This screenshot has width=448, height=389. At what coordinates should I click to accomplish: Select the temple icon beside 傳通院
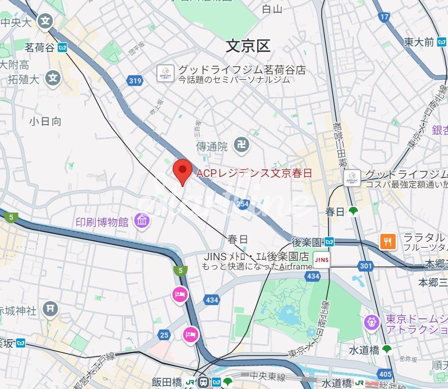point(242,146)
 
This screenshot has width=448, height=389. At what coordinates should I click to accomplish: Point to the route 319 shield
point(135,80)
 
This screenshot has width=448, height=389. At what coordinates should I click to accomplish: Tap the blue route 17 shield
point(385,17)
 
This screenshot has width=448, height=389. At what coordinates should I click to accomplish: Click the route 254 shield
point(243,204)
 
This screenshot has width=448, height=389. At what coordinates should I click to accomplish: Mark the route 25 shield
point(164,335)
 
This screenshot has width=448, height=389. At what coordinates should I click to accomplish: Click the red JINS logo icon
point(321,260)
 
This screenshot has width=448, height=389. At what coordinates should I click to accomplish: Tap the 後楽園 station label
point(307,242)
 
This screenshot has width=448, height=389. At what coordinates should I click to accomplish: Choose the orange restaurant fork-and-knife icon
point(388,241)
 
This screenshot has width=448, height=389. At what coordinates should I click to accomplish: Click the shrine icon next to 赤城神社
point(50,309)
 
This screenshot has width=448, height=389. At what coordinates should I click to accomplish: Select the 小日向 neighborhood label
point(45,121)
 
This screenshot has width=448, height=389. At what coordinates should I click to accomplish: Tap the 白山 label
point(272,9)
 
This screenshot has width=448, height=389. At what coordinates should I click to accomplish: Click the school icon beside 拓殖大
point(52,78)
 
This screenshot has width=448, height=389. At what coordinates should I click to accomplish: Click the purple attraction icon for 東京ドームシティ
point(372,321)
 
